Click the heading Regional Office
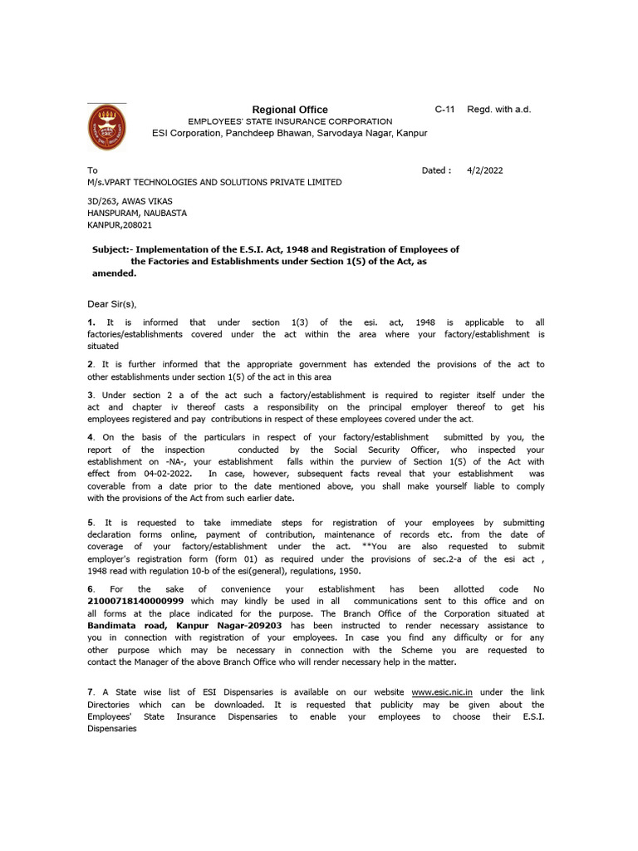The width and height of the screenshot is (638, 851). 290,110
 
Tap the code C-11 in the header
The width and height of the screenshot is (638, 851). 444,110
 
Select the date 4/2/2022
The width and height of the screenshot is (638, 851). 485,170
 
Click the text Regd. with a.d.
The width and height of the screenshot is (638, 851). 498,110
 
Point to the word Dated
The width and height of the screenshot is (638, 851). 436,170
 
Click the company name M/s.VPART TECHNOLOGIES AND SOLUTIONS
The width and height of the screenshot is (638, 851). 213,182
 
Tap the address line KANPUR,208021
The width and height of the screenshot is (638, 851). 120,224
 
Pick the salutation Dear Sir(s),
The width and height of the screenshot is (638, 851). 111,304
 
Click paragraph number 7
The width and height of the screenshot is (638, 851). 91,692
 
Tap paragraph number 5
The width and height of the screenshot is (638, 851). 91,522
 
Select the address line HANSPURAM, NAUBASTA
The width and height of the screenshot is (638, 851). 137,213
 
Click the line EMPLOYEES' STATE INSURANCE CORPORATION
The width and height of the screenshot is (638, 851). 290,121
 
